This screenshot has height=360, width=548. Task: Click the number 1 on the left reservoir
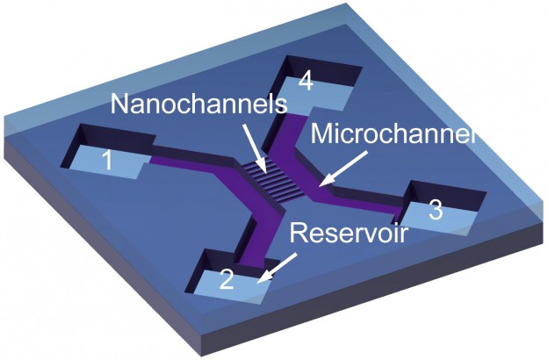pyautogui.click(x=106, y=161)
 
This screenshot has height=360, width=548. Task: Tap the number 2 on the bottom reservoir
pyautogui.click(x=226, y=280)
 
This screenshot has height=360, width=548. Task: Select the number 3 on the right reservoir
pyautogui.click(x=435, y=211)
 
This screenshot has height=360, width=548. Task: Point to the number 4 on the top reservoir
pyautogui.click(x=305, y=81)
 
